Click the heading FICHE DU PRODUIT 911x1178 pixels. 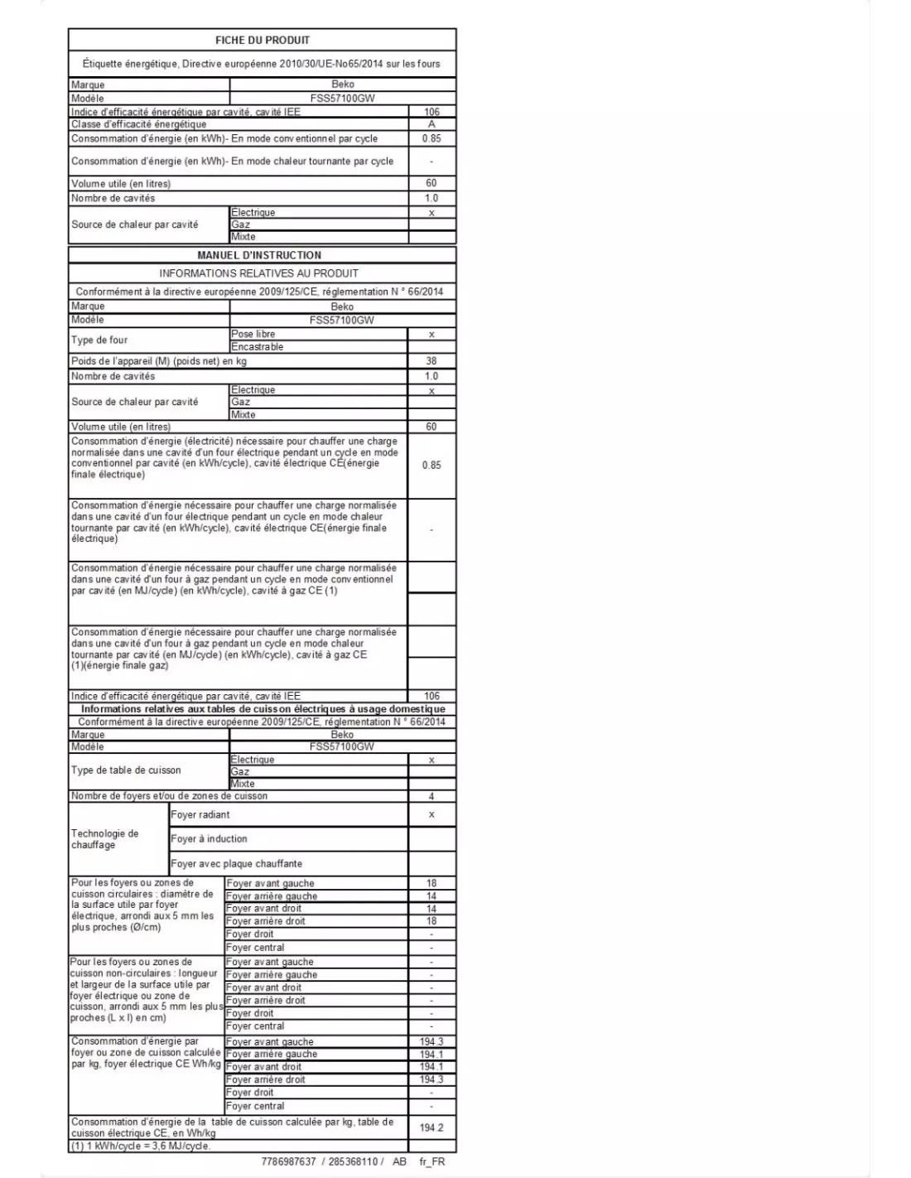tap(262, 40)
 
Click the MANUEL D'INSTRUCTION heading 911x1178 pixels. tap(259, 255)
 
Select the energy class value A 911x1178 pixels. tap(431, 124)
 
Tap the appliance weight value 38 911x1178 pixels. tap(431, 361)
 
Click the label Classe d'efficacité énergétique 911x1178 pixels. tap(138, 124)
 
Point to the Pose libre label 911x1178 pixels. tap(253, 334)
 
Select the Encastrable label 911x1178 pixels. tap(258, 346)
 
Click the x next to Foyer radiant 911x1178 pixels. tap(431, 815)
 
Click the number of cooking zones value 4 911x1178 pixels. tap(431, 796)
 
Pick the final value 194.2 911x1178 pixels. tap(431, 1127)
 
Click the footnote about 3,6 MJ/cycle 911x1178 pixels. tap(141, 1146)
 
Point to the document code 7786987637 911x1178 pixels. tap(288, 1161)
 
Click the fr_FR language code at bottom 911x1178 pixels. tap(432, 1161)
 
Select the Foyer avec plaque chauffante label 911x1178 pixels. tap(236, 863)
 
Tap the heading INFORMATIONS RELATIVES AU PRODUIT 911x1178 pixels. tap(259, 273)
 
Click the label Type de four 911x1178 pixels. tap(99, 340)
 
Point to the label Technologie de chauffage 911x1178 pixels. tap(105, 839)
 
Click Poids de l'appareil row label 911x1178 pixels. tap(158, 361)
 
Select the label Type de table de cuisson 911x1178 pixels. tap(126, 770)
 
